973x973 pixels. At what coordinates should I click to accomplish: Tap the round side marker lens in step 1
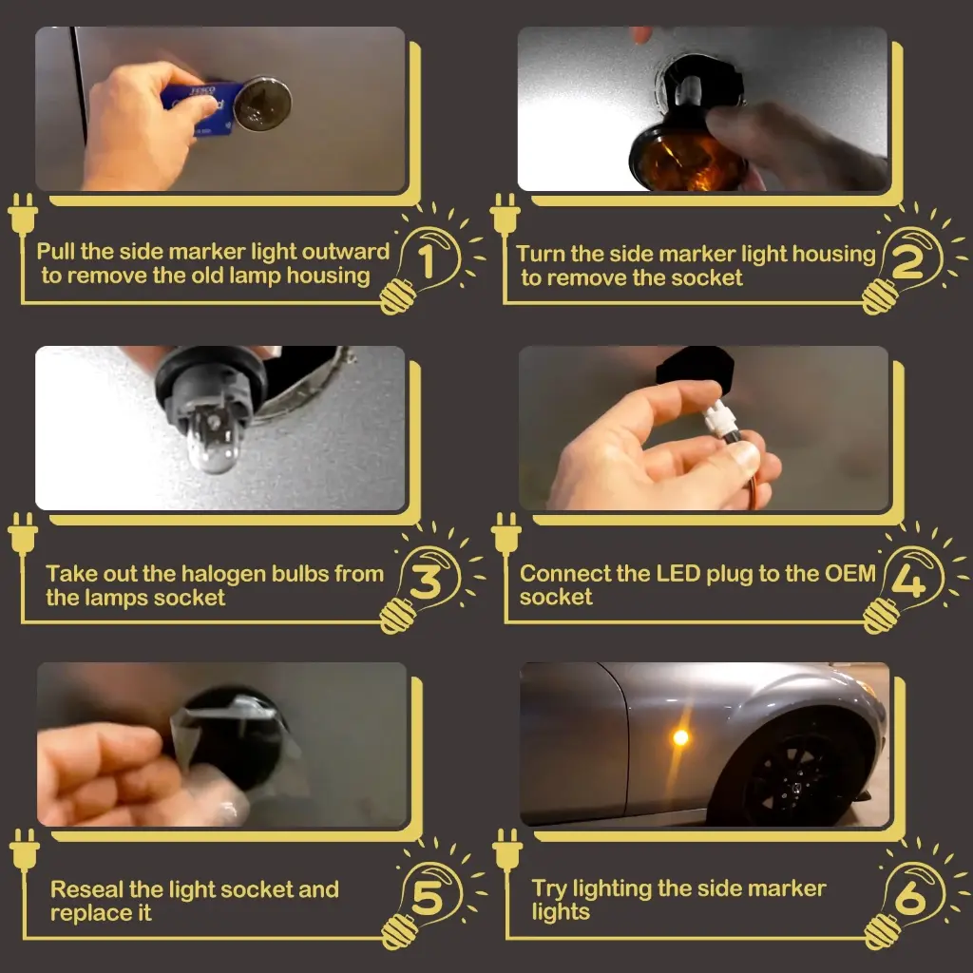coord(263,104)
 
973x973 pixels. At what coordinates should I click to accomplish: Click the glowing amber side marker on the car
coord(680,737)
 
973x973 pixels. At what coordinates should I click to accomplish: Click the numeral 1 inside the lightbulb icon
coord(427,261)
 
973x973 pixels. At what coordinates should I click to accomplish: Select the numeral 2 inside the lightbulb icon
coord(907,262)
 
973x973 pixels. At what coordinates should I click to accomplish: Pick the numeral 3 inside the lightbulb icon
coord(426,582)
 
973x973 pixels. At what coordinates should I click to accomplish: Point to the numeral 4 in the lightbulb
coord(908,582)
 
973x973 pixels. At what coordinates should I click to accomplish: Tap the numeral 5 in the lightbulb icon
coord(428,898)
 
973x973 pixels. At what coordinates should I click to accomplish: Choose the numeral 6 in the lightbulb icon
coord(910,897)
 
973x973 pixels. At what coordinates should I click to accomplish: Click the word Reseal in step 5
coord(86,889)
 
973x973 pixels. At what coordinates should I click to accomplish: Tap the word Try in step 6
coord(549,889)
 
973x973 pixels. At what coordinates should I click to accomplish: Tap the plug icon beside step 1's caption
coord(23,215)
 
